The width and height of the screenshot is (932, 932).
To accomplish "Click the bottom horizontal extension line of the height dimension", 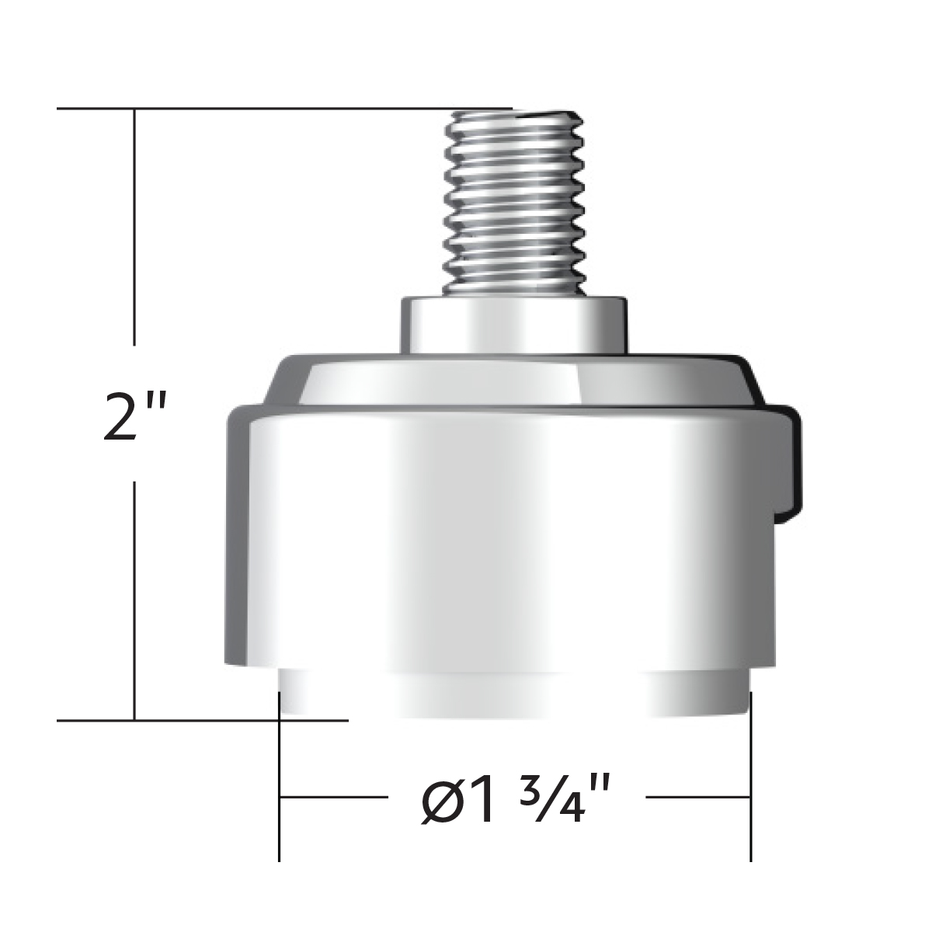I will point(202,720).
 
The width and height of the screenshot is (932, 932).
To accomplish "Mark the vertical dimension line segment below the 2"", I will point(135,598).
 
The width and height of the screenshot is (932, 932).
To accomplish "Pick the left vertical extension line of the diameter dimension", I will point(279,777).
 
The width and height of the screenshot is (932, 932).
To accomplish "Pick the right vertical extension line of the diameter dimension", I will point(750,777).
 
